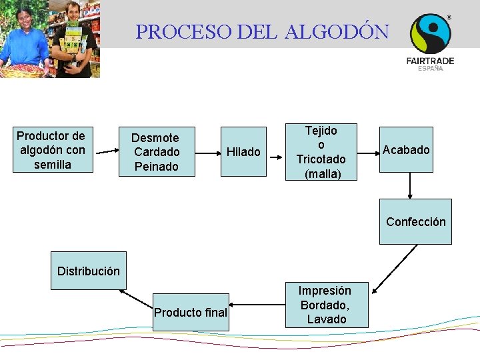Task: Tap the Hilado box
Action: pyautogui.click(x=243, y=152)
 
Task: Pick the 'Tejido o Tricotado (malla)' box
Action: pyautogui.click(x=321, y=152)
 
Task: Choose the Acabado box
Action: pyautogui.click(x=406, y=150)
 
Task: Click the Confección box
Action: pyautogui.click(x=415, y=222)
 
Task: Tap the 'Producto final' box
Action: pyautogui.click(x=191, y=312)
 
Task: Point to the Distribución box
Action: pyautogui.click(x=89, y=271)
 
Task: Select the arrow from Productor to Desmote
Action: pyautogui.click(x=105, y=152)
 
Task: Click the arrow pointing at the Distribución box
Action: pyautogui.click(x=137, y=297)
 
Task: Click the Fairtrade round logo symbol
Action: pyautogui.click(x=430, y=33)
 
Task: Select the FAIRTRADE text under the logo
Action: pyautogui.click(x=430, y=61)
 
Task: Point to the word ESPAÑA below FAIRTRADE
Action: pyautogui.click(x=430, y=69)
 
